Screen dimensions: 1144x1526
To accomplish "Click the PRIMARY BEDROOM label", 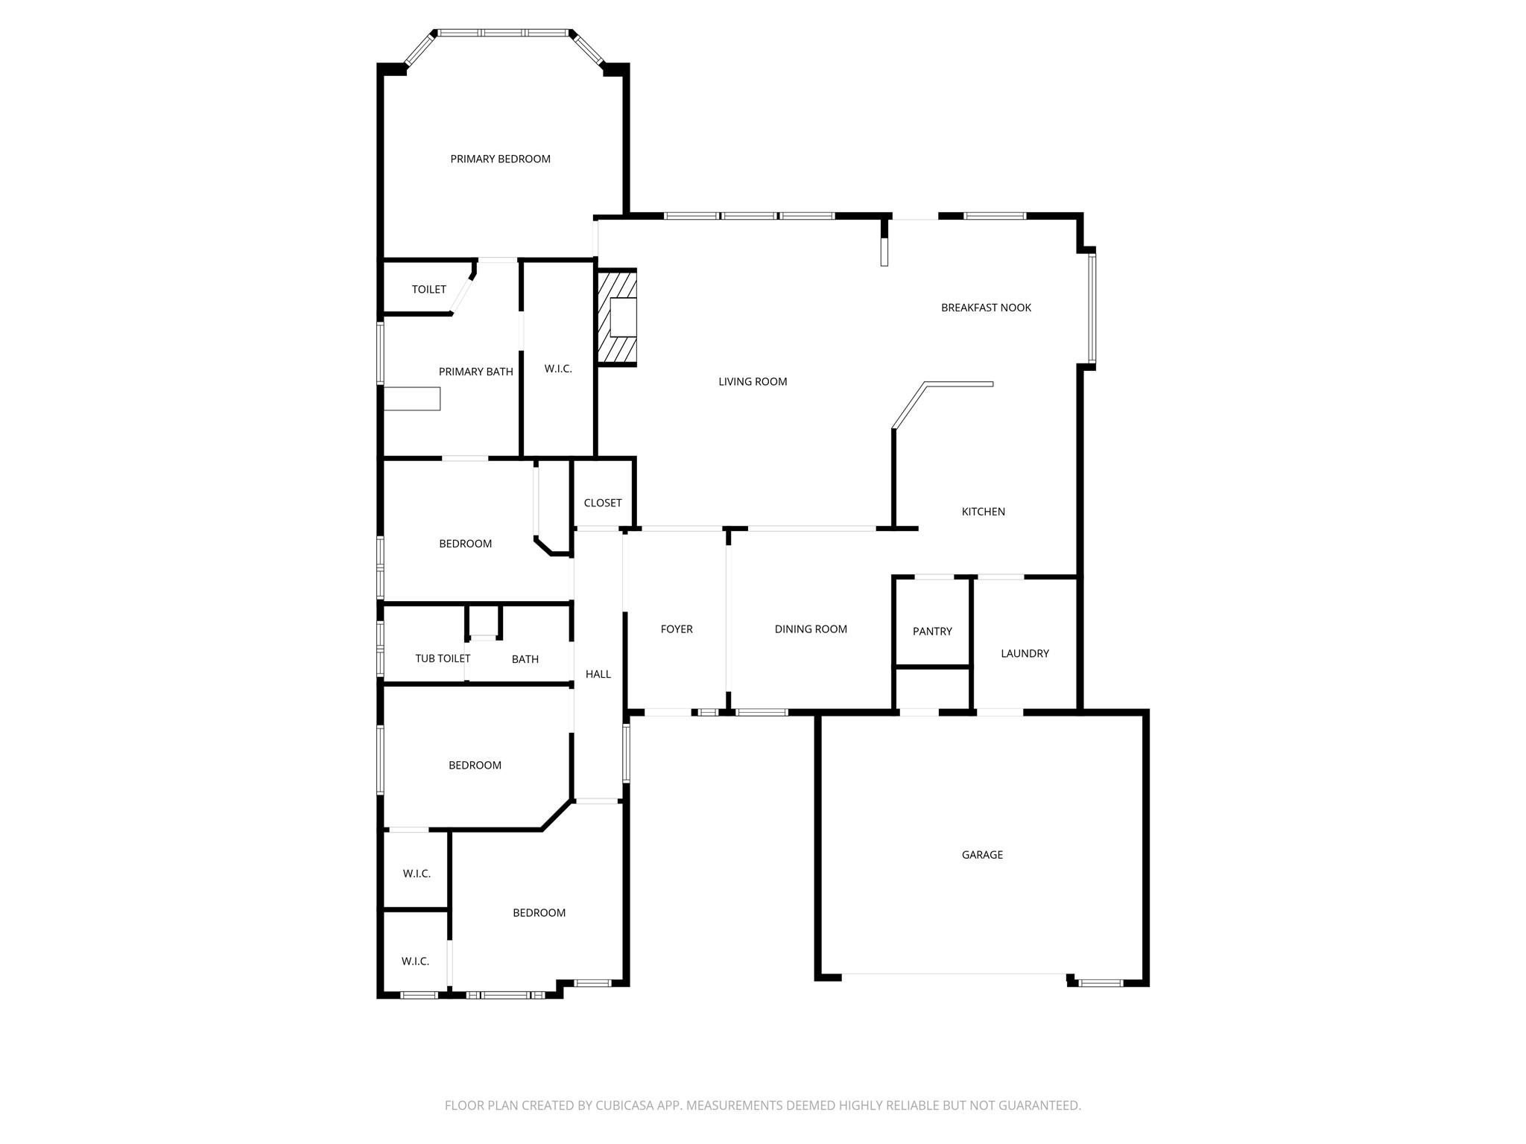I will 500,159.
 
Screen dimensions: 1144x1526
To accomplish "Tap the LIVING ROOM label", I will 753,381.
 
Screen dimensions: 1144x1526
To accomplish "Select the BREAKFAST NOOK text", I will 986,308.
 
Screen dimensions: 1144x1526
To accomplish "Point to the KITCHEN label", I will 984,512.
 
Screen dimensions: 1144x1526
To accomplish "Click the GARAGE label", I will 982,855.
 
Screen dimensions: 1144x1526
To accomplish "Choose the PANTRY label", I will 932,632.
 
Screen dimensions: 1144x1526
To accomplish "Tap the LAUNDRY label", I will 1025,653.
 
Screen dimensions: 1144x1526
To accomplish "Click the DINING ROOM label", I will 811,629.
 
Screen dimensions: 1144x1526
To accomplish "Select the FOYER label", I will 677,629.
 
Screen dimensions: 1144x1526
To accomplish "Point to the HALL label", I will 598,674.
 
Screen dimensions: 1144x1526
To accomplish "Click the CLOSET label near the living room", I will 603,503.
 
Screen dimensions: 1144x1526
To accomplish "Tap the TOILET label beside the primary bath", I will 429,289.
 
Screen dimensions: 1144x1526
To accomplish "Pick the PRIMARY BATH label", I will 475,372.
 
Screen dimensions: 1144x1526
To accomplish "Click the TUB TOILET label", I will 443,658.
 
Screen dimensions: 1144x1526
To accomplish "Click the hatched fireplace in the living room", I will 617,317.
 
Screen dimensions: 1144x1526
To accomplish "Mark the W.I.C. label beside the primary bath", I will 558,369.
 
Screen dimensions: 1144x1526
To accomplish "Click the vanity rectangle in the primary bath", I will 412,398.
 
